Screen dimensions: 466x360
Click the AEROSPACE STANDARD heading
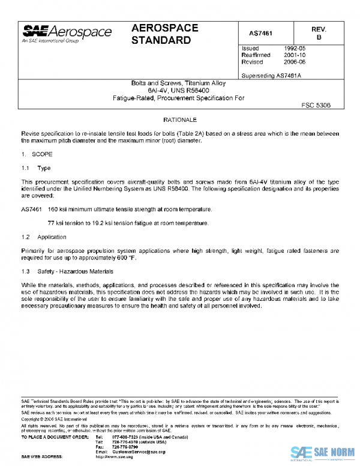tap(161, 34)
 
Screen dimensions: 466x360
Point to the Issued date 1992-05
tap(294, 48)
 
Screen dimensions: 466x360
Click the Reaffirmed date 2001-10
tap(294, 55)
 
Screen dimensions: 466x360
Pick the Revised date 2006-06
tap(294, 62)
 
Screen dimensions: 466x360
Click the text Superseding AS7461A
tap(271, 76)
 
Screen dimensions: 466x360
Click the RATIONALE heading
tap(180, 120)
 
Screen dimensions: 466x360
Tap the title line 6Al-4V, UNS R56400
tap(180, 90)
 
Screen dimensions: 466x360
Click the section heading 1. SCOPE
tap(38, 154)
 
